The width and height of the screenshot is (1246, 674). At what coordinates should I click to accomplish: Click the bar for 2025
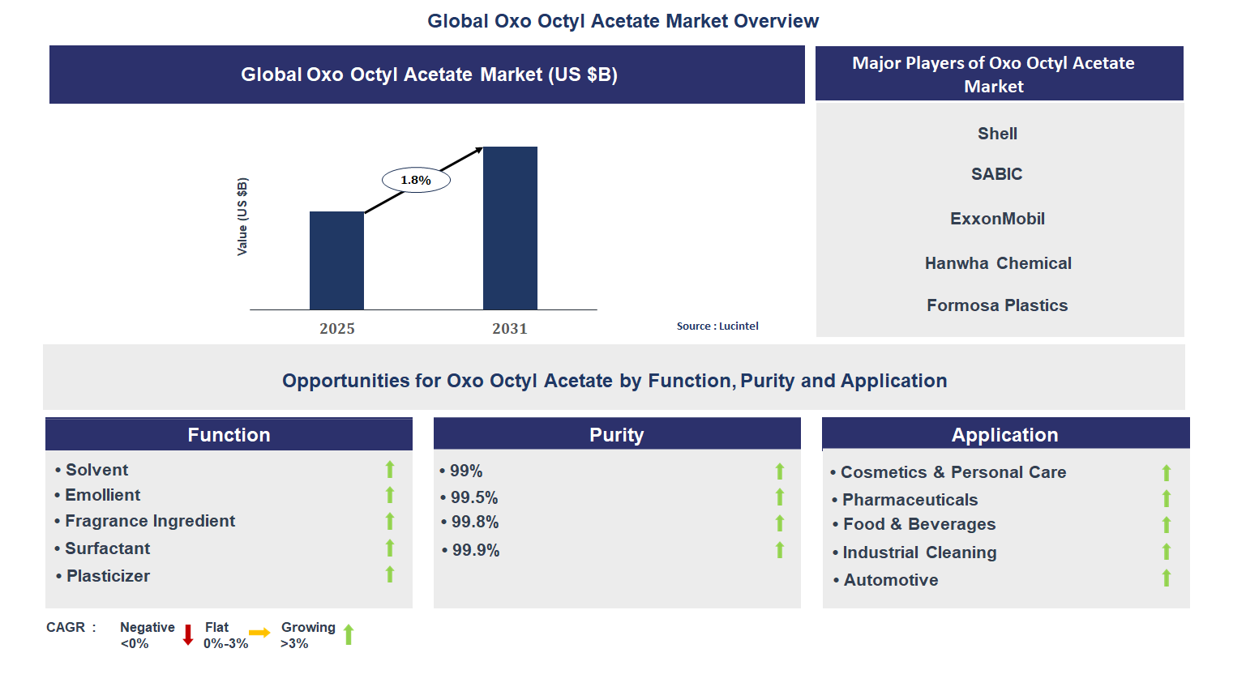336,261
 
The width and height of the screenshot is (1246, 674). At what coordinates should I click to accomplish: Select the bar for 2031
510,228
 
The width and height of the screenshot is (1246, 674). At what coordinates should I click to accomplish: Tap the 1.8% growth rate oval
416,180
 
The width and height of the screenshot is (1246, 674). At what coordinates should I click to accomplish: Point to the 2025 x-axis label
337,329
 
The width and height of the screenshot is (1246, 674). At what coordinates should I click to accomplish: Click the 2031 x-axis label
510,329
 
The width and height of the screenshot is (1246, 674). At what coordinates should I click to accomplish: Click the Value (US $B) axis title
242,216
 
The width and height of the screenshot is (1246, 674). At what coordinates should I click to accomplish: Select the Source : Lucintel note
717,326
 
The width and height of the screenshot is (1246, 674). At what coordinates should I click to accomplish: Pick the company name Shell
997,134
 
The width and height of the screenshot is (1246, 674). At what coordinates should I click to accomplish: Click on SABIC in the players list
997,174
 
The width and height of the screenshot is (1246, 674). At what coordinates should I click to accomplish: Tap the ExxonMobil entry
997,219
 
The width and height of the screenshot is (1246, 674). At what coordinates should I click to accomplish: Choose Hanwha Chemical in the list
998,263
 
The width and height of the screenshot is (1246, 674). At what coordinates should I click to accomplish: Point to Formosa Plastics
997,305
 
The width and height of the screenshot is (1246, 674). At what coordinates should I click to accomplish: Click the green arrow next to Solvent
390,469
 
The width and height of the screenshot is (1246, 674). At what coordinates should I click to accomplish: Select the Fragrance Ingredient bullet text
150,521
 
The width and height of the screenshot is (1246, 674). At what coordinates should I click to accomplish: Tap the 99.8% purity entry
475,523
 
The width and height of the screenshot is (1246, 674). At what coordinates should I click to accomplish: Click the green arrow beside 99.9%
780,550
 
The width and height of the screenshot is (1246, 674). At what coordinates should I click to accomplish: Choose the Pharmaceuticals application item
910,500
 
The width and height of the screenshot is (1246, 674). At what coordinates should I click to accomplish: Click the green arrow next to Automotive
1167,578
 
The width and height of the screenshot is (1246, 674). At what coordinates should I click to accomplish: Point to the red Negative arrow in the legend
188,634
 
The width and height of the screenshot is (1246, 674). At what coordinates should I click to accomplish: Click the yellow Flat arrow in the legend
259,633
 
